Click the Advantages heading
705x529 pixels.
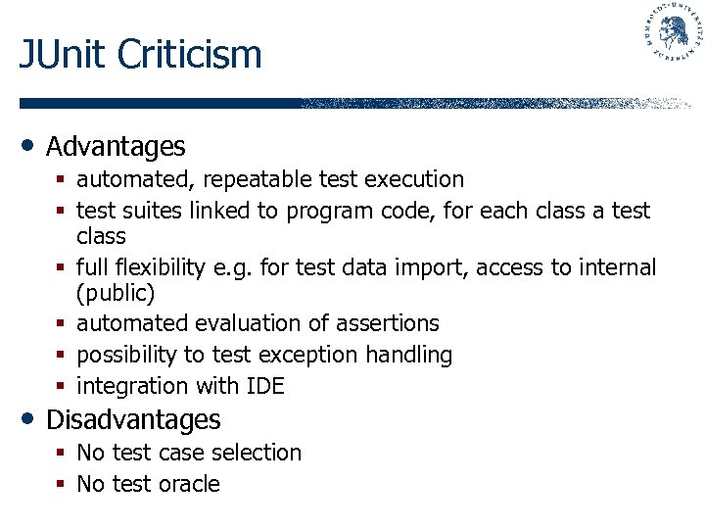116,147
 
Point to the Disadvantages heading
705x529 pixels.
133,420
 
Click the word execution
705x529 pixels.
413,180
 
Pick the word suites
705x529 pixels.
143,211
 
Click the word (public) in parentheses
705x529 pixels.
116,293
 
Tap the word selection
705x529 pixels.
259,453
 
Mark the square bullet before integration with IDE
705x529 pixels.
62,386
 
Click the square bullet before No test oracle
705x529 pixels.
62,484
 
